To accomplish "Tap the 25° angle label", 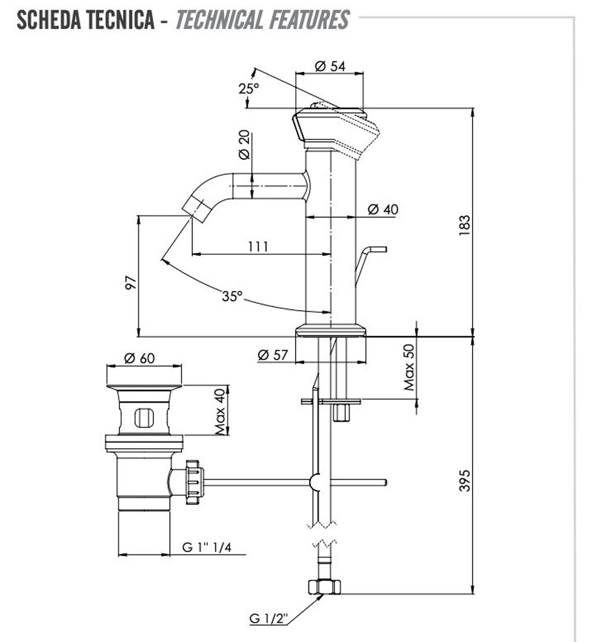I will coord(249,88).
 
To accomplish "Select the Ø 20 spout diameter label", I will coord(244,146).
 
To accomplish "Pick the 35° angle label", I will coord(233,296).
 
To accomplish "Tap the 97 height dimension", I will coord(130,283).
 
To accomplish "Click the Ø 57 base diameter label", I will coord(272,354).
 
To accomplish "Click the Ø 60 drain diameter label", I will coord(139,359).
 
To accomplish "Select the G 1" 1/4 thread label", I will coord(207,547).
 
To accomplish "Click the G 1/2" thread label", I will coord(269,619).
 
